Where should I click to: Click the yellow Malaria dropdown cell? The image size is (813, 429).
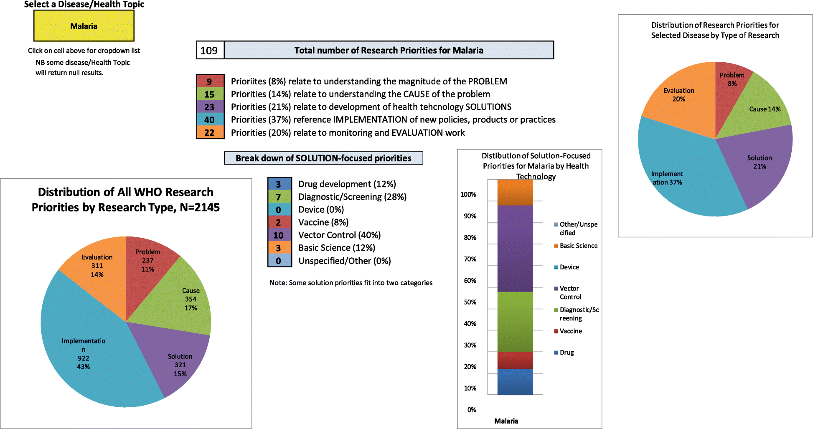(84, 26)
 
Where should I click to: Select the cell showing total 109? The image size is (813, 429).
(210, 51)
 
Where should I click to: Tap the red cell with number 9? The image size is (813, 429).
(210, 81)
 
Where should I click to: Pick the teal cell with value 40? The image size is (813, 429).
(210, 120)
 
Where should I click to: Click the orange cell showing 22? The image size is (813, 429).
(210, 133)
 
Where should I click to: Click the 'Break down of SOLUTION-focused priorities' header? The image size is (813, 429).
(323, 158)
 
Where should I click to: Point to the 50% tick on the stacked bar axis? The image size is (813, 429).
(470, 302)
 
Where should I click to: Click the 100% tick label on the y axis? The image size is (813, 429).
(468, 195)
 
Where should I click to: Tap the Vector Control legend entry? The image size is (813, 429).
(570, 292)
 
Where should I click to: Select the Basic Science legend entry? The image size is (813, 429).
(578, 246)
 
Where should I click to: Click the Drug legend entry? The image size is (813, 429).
(567, 353)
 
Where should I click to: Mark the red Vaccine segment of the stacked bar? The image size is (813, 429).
(515, 360)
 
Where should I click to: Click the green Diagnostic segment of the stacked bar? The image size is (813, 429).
(515, 322)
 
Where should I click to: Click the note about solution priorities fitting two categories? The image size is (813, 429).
(351, 283)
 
